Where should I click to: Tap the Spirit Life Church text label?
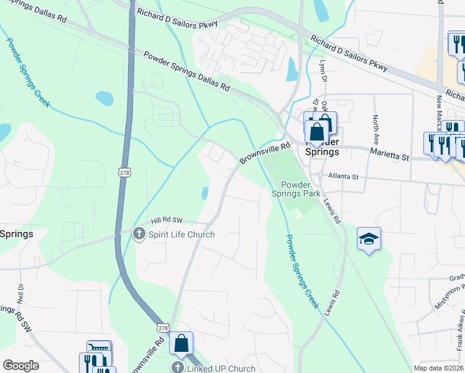[x=181, y=234]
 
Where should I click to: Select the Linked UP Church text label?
[x=221, y=368]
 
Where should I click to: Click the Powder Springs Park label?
[x=301, y=189]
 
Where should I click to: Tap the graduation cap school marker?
[x=369, y=239]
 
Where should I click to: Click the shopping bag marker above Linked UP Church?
[x=181, y=343]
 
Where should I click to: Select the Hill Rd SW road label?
[x=168, y=220]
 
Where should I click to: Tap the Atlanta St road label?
[x=344, y=177]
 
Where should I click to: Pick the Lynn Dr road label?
[x=323, y=70]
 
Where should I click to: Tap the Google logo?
[x=21, y=365]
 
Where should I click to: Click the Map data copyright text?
[x=438, y=368]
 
